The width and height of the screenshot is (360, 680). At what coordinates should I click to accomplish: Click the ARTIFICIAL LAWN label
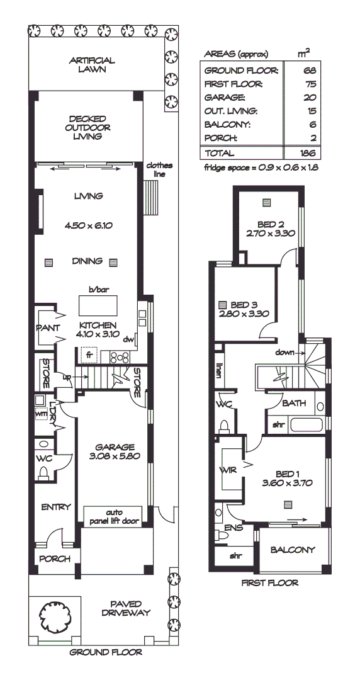tap(92, 65)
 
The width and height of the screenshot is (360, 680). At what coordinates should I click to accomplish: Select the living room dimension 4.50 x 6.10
tap(88, 225)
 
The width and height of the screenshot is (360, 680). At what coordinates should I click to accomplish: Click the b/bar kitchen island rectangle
tap(97, 306)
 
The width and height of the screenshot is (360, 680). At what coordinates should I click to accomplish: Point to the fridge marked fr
tap(89, 354)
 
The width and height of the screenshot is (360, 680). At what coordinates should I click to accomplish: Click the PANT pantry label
tap(48, 328)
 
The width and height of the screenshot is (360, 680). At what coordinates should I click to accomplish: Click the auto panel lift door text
tap(113, 516)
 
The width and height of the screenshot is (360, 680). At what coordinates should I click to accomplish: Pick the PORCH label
tap(55, 558)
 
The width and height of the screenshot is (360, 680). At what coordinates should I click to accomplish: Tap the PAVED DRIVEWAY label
tap(126, 608)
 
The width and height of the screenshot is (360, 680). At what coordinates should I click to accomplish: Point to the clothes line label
tap(159, 169)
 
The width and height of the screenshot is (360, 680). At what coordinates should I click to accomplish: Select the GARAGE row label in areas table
tap(220, 98)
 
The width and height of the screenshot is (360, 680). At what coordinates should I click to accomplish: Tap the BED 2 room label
tap(272, 224)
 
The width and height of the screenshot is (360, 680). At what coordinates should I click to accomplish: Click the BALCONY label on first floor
tap(292, 550)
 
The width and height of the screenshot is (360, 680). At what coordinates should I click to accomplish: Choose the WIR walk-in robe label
tap(227, 470)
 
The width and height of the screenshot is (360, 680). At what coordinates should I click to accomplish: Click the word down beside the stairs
tap(284, 353)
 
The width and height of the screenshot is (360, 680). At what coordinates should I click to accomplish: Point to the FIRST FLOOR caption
tap(270, 583)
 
